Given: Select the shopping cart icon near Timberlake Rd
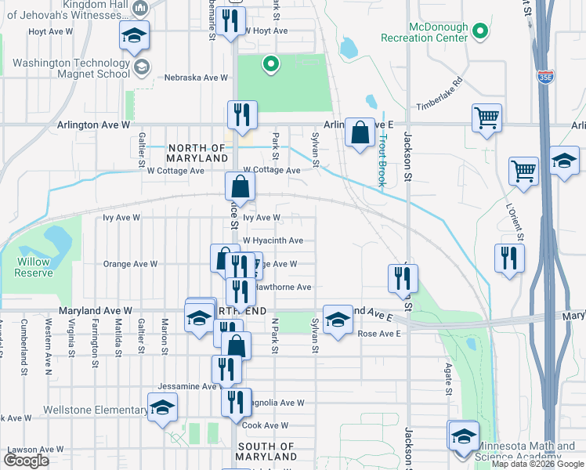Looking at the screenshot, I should click(x=487, y=119).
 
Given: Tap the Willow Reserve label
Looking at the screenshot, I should click(x=34, y=267).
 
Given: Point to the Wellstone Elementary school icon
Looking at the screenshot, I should click(x=163, y=408).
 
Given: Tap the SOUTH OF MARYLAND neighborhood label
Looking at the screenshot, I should click(x=266, y=451).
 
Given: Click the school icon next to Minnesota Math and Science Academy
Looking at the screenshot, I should click(x=463, y=436).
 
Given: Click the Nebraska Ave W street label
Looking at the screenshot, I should click(x=196, y=78).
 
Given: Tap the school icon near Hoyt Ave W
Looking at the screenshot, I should click(x=134, y=35).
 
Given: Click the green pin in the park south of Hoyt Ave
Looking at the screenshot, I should click(x=270, y=65).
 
